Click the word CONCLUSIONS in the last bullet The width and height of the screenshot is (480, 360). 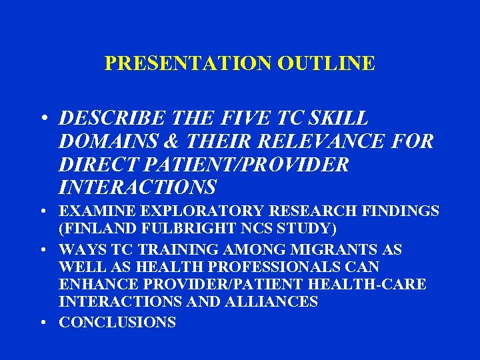pyautogui.click(x=117, y=323)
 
